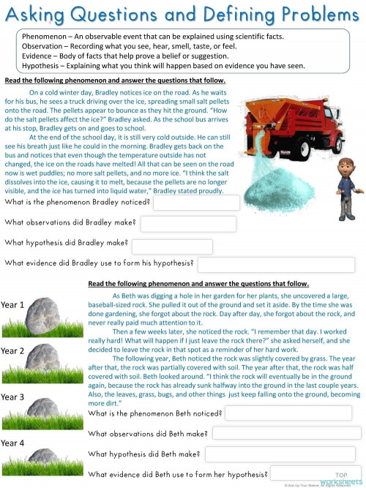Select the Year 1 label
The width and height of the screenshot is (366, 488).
(x=12, y=304)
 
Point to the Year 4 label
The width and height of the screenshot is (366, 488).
(x=12, y=443)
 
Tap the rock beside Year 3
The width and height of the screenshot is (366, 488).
(x=45, y=407)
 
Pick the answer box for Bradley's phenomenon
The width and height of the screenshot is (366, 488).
(x=196, y=203)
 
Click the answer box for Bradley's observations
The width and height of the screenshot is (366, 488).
(x=188, y=224)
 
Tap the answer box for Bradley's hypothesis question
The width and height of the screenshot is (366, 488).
(x=172, y=246)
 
